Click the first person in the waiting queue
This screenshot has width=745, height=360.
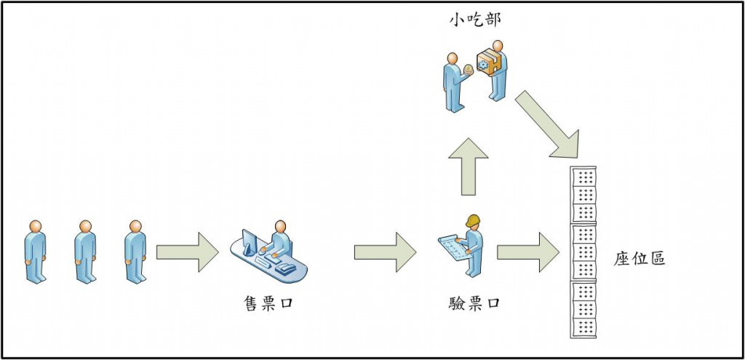35,252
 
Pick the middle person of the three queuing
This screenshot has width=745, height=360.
85,252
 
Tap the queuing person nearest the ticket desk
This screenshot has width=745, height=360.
135,252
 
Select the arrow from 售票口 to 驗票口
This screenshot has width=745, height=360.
385,252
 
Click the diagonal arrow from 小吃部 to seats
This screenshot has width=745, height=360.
549,124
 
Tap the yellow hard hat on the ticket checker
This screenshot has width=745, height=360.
474,220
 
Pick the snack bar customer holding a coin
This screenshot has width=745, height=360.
455,81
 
